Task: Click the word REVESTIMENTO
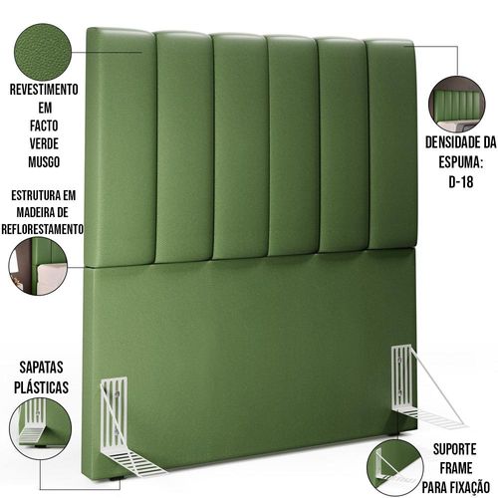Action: click(x=44, y=90)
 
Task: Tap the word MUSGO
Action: click(x=44, y=162)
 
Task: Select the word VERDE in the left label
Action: click(x=44, y=143)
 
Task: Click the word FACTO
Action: click(x=44, y=125)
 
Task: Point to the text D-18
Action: click(x=461, y=181)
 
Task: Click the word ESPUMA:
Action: click(x=461, y=162)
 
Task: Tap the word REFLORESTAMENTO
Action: click(x=42, y=229)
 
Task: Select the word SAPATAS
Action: click(x=41, y=368)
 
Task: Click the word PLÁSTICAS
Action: click(x=41, y=387)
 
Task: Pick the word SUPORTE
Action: click(x=455, y=449)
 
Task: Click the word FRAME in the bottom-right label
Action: click(x=456, y=468)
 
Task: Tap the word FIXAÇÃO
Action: click(x=470, y=487)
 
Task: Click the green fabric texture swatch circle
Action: click(x=43, y=52)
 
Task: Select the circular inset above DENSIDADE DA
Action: click(x=457, y=105)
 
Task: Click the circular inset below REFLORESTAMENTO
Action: click(x=38, y=266)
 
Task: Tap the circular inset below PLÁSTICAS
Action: click(x=40, y=429)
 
